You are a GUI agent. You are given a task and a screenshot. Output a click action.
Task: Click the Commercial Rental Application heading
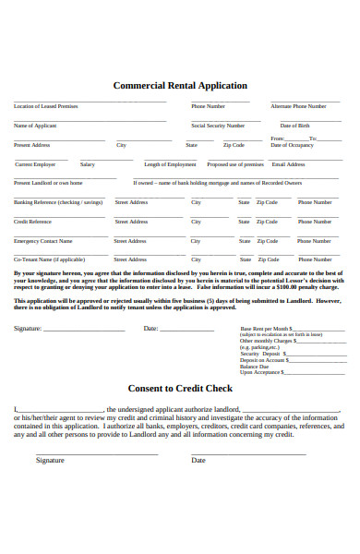[180, 85]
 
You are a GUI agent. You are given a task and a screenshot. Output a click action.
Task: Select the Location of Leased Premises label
[46, 106]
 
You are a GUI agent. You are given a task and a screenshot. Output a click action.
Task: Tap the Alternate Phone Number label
[298, 106]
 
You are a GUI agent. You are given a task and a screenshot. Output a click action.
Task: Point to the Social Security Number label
[218, 125]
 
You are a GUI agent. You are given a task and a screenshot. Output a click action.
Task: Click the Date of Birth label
[294, 125]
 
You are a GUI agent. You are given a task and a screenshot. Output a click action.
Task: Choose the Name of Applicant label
[35, 125]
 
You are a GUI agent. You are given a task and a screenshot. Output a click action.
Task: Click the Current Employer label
[36, 164]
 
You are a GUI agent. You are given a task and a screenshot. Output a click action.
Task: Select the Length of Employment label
[171, 164]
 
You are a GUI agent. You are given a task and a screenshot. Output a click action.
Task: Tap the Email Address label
[288, 164]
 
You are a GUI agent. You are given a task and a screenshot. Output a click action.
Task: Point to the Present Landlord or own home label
[48, 183]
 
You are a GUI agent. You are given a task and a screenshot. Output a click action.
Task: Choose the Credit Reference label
[32, 222]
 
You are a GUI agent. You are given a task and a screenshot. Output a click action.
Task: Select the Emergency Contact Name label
[44, 241]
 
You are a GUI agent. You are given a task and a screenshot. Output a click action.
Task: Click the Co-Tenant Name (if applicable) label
[49, 259]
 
